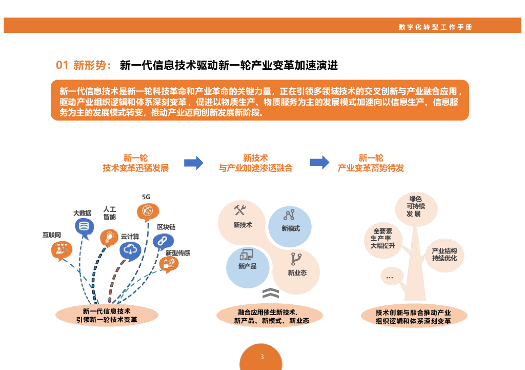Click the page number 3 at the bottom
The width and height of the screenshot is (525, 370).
(x=262, y=357)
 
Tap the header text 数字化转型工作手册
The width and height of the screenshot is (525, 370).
(x=435, y=27)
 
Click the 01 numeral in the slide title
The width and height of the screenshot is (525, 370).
(x=62, y=65)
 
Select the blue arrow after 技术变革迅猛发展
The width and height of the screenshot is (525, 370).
(x=194, y=163)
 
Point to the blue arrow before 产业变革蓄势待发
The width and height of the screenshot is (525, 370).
(x=319, y=163)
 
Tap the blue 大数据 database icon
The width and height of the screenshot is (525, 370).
(x=84, y=226)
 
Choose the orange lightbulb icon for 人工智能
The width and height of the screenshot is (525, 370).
(x=109, y=237)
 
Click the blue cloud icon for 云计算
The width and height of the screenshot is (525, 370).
(x=130, y=250)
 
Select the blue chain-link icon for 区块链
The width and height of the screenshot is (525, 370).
(x=163, y=241)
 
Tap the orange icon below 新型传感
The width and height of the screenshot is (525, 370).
(x=169, y=264)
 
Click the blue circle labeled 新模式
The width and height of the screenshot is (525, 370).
(x=290, y=226)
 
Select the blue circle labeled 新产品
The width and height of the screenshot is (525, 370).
(x=248, y=266)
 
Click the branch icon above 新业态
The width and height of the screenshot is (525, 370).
(x=296, y=259)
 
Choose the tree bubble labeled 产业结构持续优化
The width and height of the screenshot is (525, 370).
(x=444, y=255)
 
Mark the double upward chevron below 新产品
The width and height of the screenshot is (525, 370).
(x=270, y=294)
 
